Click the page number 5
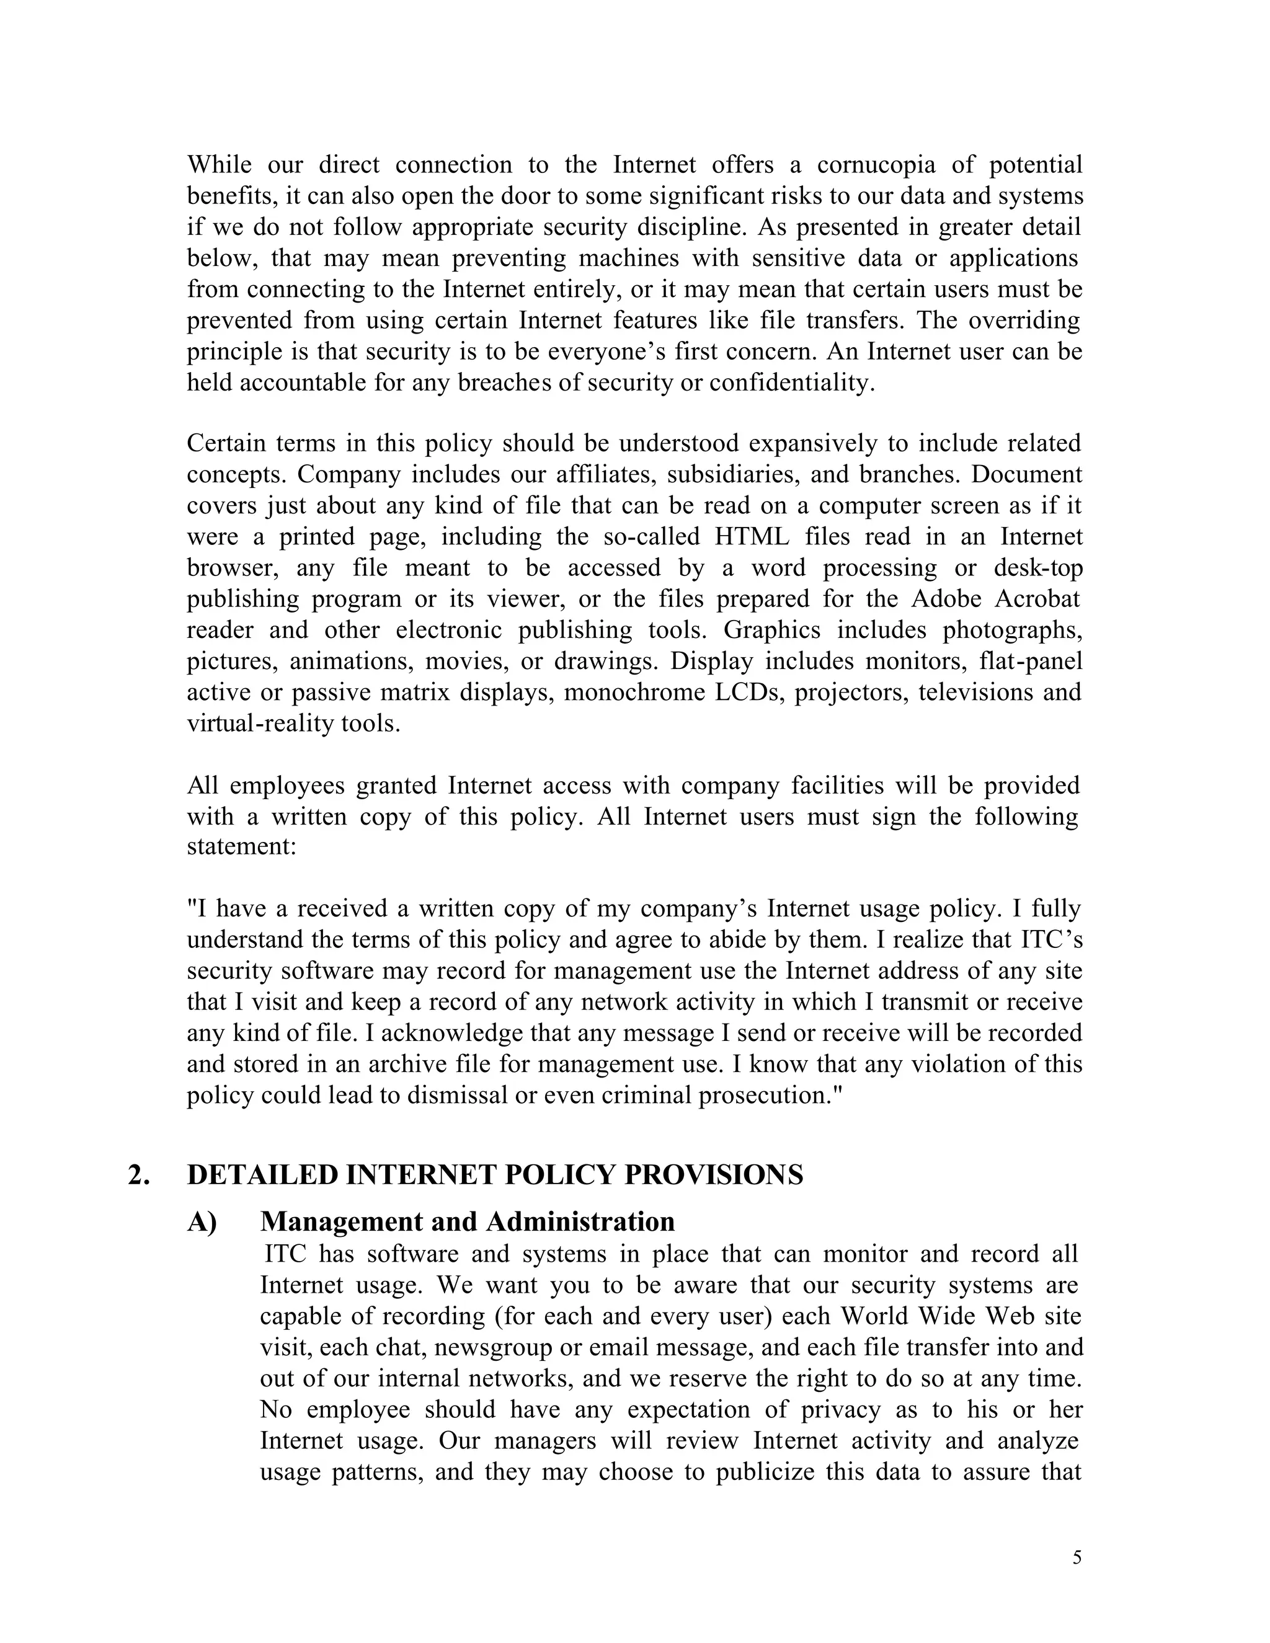pyautogui.click(x=1077, y=1558)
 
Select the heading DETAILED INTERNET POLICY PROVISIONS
pyautogui.click(x=495, y=1175)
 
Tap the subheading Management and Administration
pyautogui.click(x=467, y=1222)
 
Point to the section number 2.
pyautogui.click(x=138, y=1175)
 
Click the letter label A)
pyautogui.click(x=202, y=1222)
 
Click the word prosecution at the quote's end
pyautogui.click(x=762, y=1096)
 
